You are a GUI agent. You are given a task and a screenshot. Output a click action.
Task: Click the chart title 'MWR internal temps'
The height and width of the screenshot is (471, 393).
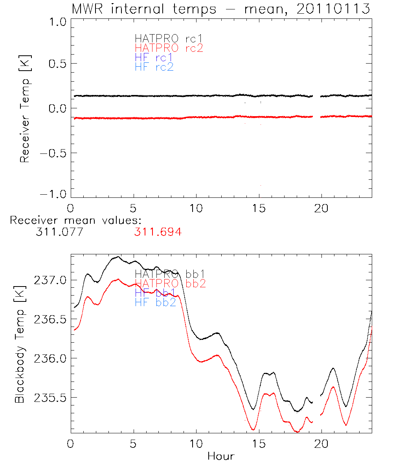click(143, 9)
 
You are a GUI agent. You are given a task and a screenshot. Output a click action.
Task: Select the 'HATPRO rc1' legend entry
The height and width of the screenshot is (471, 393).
click(169, 38)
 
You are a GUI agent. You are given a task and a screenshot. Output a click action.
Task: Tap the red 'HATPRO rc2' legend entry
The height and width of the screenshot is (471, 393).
click(169, 48)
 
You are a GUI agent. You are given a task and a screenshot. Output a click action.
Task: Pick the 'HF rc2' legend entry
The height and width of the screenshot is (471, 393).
click(154, 67)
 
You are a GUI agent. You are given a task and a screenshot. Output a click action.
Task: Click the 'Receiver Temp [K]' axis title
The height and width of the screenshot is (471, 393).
click(25, 109)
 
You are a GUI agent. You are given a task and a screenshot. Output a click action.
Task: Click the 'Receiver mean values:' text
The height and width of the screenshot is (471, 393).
click(75, 220)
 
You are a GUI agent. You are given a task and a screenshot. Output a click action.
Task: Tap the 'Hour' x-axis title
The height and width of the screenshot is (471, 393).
click(221, 456)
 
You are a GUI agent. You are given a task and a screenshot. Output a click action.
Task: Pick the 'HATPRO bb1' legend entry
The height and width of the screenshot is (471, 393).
click(169, 274)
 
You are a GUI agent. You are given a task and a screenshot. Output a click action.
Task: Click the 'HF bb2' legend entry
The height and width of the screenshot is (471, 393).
click(155, 302)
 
